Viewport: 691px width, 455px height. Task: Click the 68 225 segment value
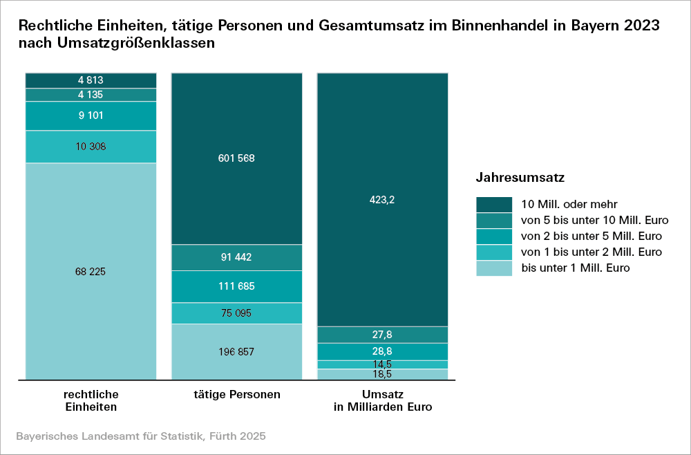pyautogui.click(x=91, y=272)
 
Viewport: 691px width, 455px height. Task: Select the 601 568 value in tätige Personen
pyautogui.click(x=236, y=158)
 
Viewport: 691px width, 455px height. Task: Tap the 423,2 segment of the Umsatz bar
pyautogui.click(x=382, y=200)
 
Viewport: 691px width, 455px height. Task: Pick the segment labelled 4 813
pyautogui.click(x=91, y=80)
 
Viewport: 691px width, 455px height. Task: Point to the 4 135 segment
pyautogui.click(x=91, y=95)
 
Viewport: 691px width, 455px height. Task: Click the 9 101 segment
pyautogui.click(x=91, y=116)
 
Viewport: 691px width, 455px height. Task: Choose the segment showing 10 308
pyautogui.click(x=91, y=147)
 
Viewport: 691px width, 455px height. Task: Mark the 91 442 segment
pyautogui.click(x=236, y=257)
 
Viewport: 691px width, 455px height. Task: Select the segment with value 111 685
pyautogui.click(x=236, y=286)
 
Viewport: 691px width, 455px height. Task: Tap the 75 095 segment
pyautogui.click(x=236, y=313)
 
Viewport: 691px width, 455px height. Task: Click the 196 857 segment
pyautogui.click(x=236, y=352)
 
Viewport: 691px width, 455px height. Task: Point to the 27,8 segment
pyautogui.click(x=382, y=335)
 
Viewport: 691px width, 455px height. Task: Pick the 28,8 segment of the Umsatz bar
pyautogui.click(x=382, y=351)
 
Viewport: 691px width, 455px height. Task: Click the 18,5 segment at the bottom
pyautogui.click(x=382, y=374)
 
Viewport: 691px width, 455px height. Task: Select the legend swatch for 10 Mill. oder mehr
pyautogui.click(x=494, y=204)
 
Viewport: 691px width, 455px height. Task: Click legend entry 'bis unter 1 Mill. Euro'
pyautogui.click(x=575, y=268)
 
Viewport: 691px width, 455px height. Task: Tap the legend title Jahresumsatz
pyautogui.click(x=520, y=178)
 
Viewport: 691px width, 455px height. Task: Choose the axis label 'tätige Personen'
pyautogui.click(x=237, y=395)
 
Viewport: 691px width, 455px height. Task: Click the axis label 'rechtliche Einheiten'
pyautogui.click(x=91, y=401)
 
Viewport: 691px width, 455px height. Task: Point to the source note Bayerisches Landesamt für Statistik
pyautogui.click(x=140, y=437)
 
